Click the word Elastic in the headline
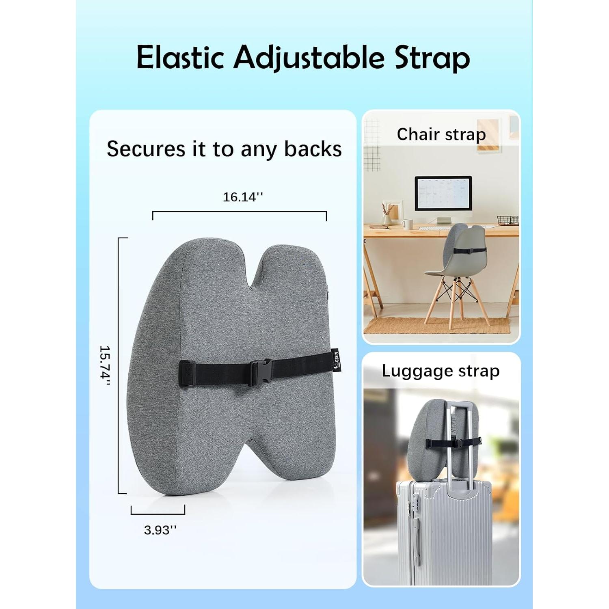180,58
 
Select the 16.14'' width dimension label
242,197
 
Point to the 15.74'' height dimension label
105,365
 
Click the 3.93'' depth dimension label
160,530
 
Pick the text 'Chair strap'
441,134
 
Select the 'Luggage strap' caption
441,371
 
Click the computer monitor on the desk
443,194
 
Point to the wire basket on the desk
508,221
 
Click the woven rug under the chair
436,325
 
